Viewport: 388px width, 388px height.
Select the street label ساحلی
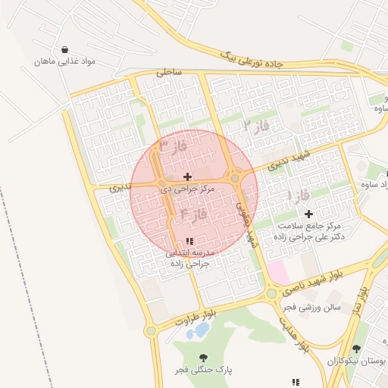pyautogui.click(x=169, y=74)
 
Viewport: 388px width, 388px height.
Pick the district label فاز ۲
pyautogui.click(x=256, y=123)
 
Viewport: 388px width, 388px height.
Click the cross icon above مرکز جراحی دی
pyautogui.click(x=187, y=177)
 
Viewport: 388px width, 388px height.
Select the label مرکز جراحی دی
pyautogui.click(x=187, y=188)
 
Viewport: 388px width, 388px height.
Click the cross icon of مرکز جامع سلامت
pyautogui.click(x=308, y=214)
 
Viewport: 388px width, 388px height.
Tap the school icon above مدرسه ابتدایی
pyautogui.click(x=189, y=241)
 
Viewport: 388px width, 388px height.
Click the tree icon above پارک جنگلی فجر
pyautogui.click(x=202, y=357)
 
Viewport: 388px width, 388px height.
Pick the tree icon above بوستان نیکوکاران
pyautogui.click(x=356, y=349)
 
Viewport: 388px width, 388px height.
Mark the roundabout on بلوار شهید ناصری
pyautogui.click(x=271, y=293)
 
